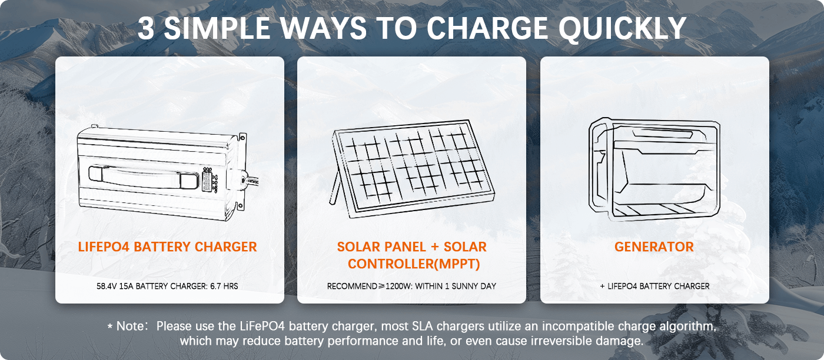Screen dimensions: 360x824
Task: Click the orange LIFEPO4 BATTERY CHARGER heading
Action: tap(167, 247)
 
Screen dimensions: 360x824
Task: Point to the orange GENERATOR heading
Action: tap(654, 247)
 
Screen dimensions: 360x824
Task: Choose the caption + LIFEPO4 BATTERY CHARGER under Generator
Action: tap(654, 286)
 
